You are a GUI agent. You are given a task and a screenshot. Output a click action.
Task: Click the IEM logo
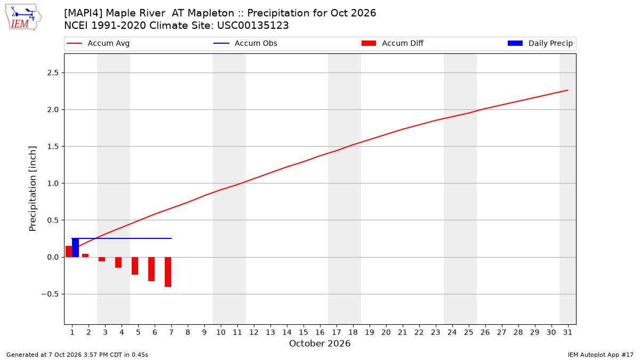[23, 18]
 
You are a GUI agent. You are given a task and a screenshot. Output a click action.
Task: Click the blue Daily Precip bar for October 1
[75, 247]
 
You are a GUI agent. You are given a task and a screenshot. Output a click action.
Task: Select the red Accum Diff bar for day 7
[168, 272]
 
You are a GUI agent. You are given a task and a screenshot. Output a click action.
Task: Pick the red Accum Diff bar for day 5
[135, 266]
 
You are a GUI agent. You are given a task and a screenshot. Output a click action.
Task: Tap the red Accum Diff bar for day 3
[102, 259]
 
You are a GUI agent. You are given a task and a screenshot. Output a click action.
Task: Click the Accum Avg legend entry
[98, 43]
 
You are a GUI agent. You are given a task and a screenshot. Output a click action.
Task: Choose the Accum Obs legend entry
[245, 43]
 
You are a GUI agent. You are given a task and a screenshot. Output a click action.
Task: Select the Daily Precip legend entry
[540, 43]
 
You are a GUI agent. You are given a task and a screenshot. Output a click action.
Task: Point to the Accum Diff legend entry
[393, 43]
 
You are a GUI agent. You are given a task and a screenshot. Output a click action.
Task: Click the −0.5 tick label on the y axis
[50, 294]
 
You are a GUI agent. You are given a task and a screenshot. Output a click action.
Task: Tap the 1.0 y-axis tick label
[53, 183]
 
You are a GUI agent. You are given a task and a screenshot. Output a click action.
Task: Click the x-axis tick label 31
[567, 332]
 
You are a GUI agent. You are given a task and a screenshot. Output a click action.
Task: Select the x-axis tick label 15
[303, 332]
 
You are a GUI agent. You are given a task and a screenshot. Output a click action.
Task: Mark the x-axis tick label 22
[419, 332]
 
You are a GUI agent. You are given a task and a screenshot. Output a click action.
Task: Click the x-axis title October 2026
[319, 343]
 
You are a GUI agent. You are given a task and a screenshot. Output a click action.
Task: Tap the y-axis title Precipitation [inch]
[33, 189]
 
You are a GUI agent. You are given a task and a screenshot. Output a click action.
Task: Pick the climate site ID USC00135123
[253, 26]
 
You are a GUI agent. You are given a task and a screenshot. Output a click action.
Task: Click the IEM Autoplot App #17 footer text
[601, 355]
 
